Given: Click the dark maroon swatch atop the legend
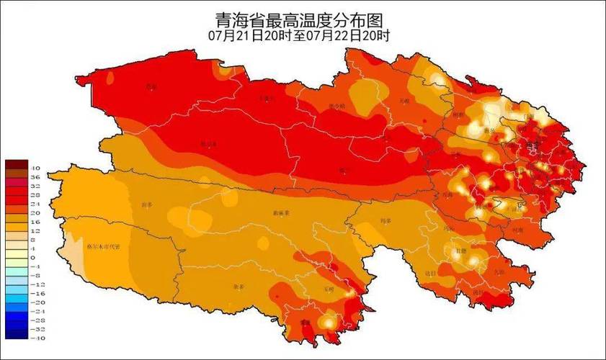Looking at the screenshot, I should (x=15, y=164).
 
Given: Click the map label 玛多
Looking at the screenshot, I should (x=386, y=221).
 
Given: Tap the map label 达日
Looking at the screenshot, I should (x=431, y=274).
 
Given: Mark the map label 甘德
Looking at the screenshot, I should (x=458, y=250).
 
